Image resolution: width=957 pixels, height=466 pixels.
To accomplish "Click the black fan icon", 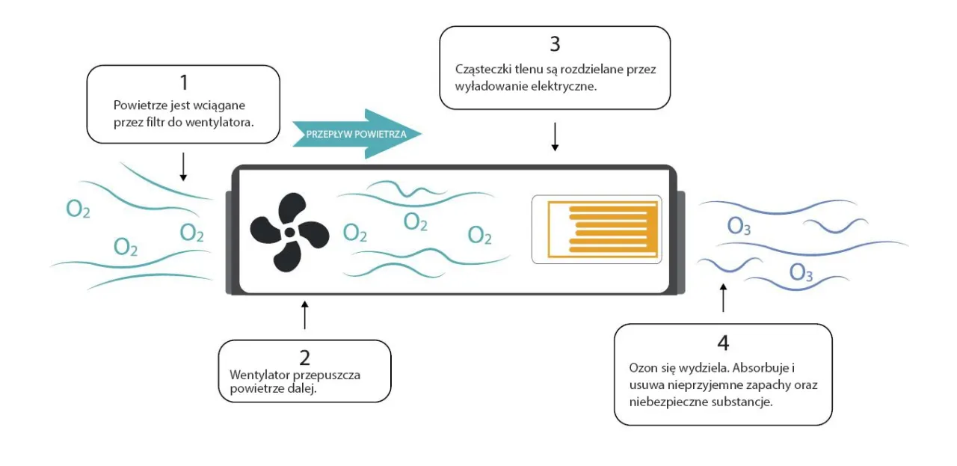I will (289, 232).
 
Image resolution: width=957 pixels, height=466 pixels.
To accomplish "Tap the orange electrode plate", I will (596, 229).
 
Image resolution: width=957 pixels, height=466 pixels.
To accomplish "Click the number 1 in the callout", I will (183, 82).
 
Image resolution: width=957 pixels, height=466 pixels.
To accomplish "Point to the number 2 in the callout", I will (304, 358).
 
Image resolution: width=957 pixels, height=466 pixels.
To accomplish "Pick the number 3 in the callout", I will (554, 44).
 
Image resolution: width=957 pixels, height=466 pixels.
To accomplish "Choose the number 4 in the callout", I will (722, 343).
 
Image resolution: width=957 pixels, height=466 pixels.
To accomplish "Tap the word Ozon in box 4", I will (643, 369).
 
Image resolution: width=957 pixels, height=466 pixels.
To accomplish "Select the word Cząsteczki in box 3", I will (483, 69).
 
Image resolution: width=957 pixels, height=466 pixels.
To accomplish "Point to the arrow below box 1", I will (183, 166).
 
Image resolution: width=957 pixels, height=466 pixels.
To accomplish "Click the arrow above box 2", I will (304, 315).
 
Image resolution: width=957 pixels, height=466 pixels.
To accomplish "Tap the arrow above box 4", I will (722, 297).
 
